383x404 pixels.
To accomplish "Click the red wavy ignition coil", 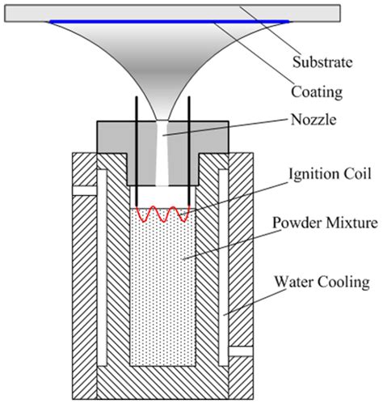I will point(163,214).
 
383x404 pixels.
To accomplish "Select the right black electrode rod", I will point(189,154).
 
